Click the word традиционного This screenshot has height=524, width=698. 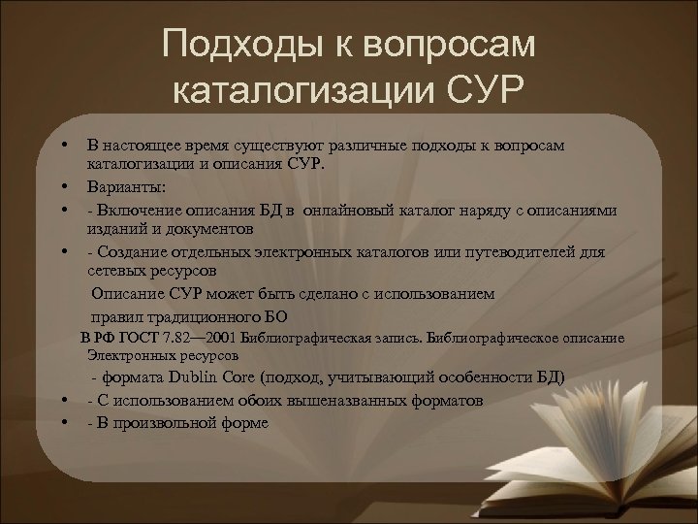coord(199,315)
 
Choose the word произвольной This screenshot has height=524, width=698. coord(162,423)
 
